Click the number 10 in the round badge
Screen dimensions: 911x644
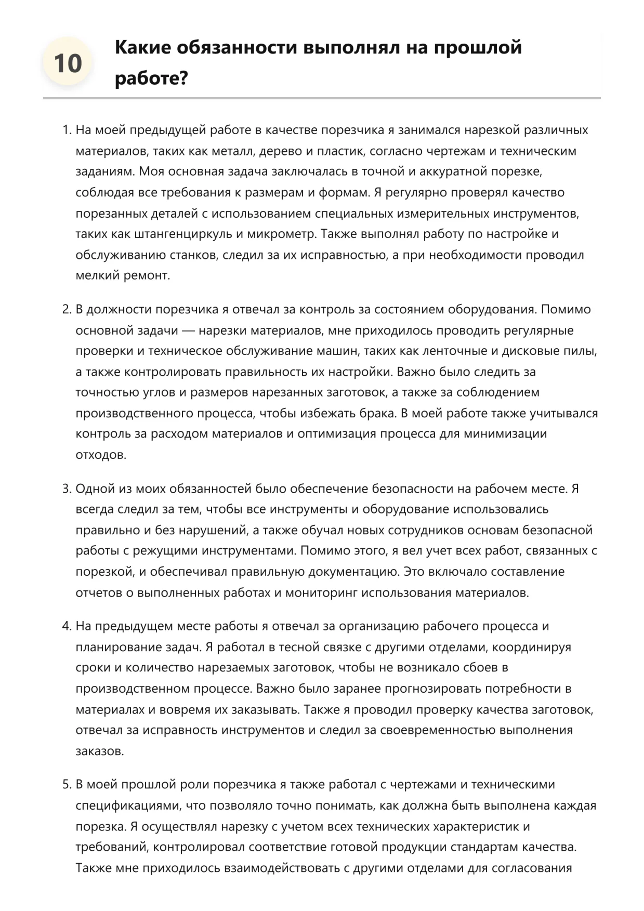pos(68,63)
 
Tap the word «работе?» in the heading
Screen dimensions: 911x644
pos(151,78)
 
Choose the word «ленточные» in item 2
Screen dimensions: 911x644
pos(451,351)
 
